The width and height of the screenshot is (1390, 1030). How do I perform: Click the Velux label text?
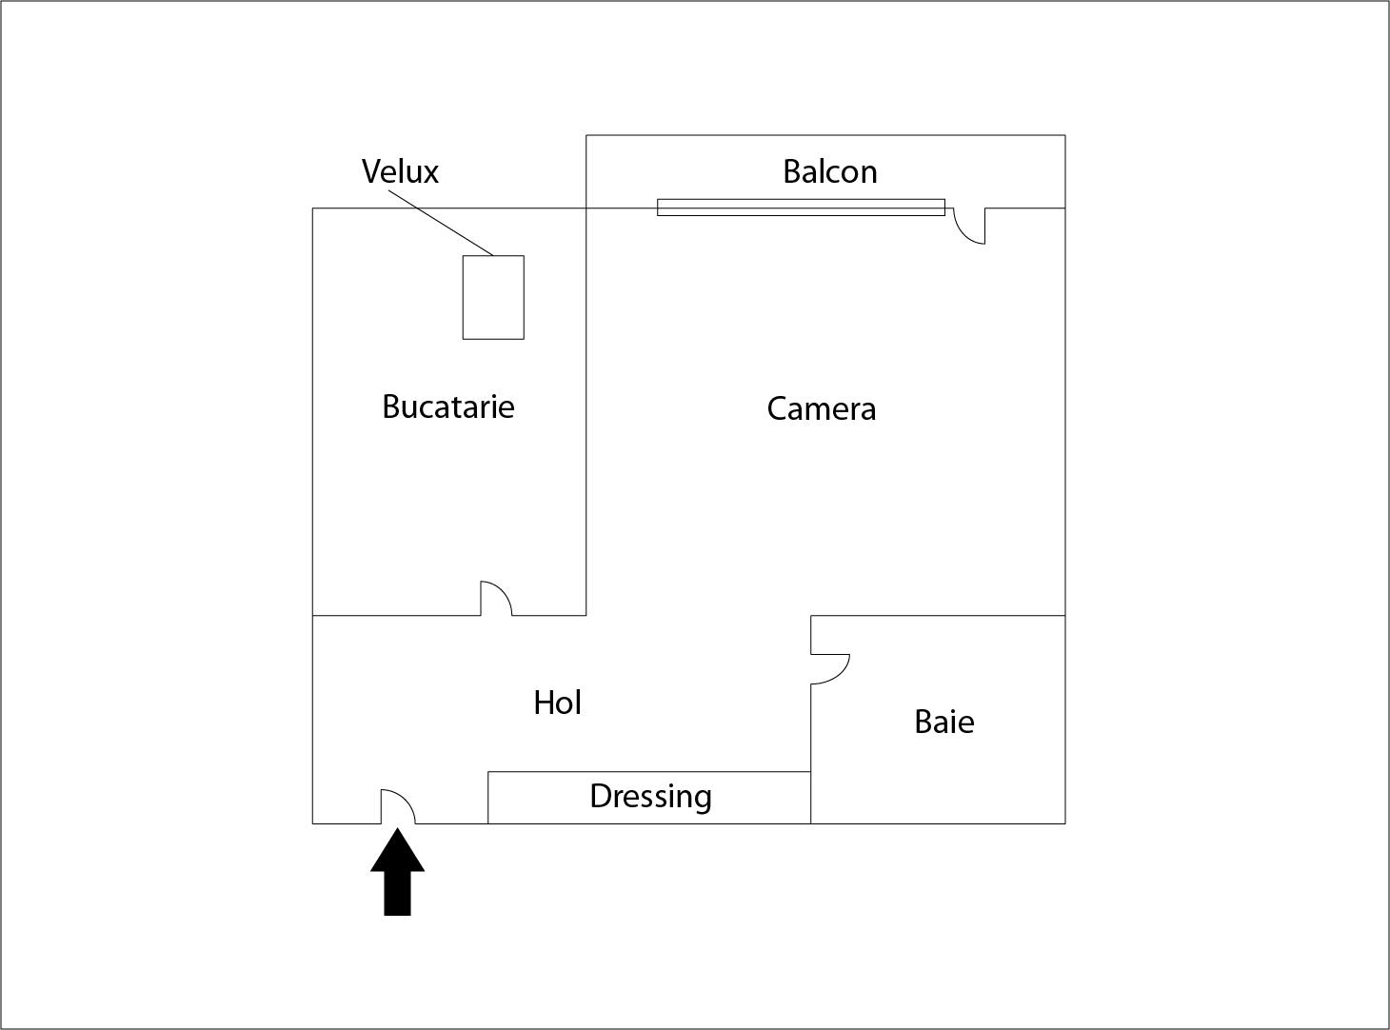400,171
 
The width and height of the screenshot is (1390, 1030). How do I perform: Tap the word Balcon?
829,171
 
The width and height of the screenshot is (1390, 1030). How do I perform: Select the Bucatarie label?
447,406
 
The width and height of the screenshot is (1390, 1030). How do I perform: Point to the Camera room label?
821,408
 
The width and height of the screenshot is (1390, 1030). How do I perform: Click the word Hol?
557,703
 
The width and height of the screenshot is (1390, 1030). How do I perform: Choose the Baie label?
943,722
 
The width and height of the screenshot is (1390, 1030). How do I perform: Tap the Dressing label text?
650,796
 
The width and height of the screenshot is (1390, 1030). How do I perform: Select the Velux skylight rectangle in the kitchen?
493,297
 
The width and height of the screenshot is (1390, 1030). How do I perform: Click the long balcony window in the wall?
801,208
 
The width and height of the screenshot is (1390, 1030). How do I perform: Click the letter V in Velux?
370,171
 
